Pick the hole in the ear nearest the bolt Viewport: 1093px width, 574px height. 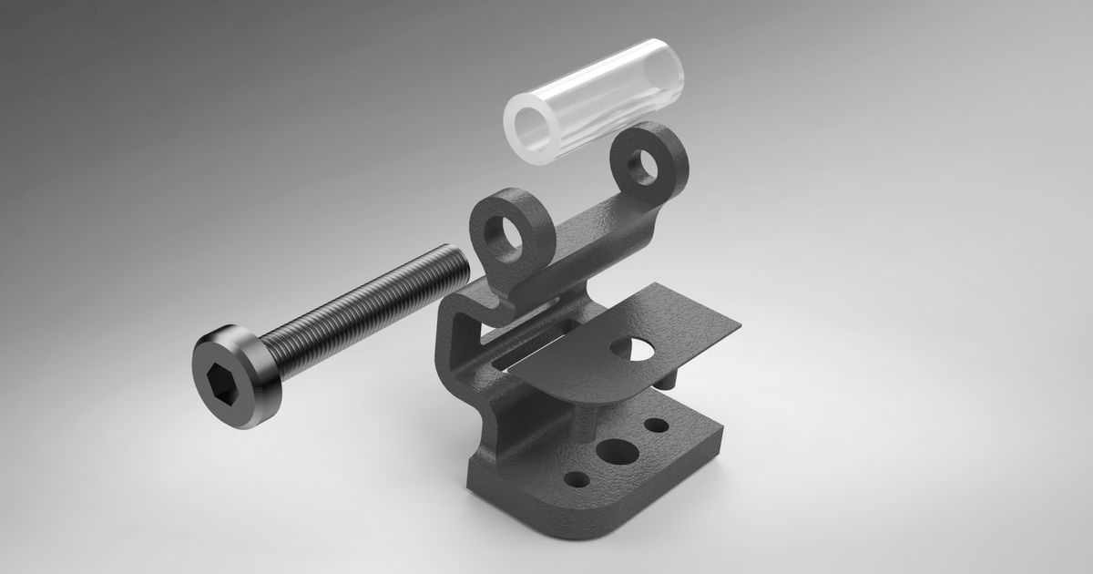point(504,234)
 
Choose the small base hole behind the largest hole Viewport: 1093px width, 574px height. point(656,425)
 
